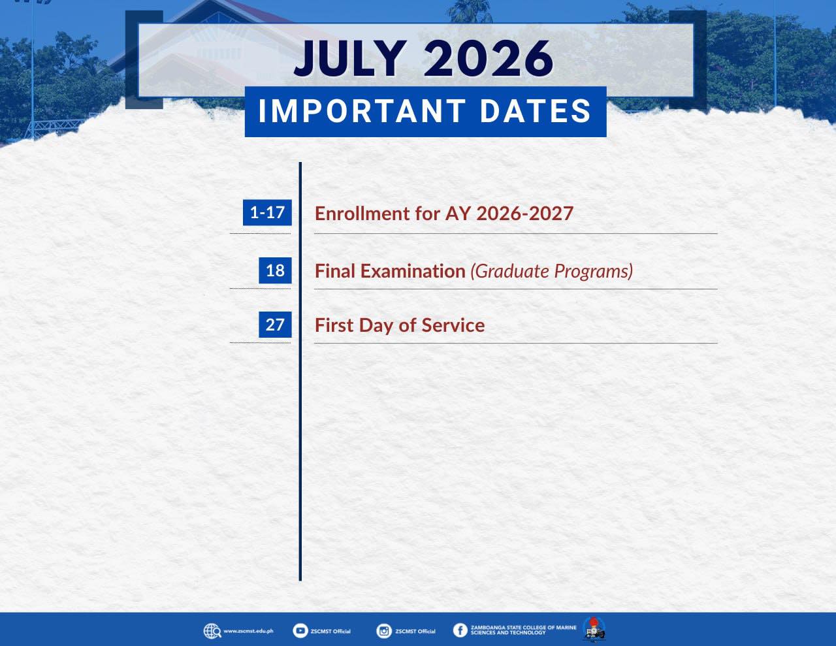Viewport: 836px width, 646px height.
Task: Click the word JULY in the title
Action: click(x=350, y=59)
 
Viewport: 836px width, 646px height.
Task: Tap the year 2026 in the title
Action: click(x=489, y=59)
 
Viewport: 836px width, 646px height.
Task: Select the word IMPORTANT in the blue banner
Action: click(x=362, y=111)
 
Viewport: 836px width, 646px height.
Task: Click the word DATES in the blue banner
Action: click(x=536, y=111)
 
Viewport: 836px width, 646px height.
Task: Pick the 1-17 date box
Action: click(x=267, y=212)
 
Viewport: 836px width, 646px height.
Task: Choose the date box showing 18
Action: click(x=275, y=270)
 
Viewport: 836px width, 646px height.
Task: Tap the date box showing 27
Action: click(x=275, y=325)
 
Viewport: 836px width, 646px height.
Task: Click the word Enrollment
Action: click(x=362, y=214)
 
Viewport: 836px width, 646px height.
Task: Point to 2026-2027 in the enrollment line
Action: click(x=524, y=214)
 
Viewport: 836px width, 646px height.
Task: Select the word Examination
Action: click(x=413, y=271)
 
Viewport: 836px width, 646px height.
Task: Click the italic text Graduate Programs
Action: click(x=552, y=271)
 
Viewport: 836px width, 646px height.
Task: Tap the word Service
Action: click(x=453, y=325)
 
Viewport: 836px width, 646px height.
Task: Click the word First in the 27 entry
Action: click(x=334, y=325)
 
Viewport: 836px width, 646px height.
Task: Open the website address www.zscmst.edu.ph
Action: click(x=249, y=631)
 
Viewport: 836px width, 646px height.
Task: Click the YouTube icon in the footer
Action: click(x=300, y=630)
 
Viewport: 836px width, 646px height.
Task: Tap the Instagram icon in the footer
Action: click(x=384, y=631)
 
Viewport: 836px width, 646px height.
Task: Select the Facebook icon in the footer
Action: click(x=460, y=630)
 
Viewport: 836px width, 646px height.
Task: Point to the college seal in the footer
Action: click(x=594, y=630)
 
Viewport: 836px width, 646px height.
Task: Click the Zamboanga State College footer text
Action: click(x=524, y=630)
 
